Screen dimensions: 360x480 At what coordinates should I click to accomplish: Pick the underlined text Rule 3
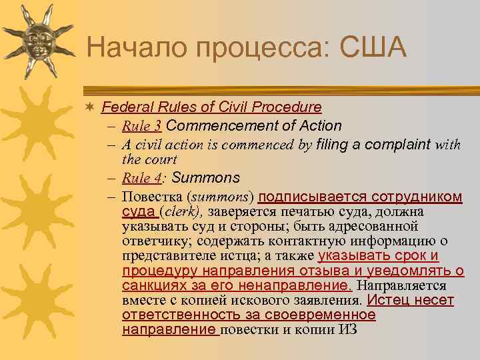pyautogui.click(x=143, y=126)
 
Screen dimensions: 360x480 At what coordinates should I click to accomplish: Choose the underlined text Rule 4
pyautogui.click(x=143, y=178)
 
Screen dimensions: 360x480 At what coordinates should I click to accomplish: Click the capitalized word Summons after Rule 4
pyautogui.click(x=206, y=178)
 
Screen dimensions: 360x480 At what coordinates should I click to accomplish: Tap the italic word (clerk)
pyautogui.click(x=182, y=212)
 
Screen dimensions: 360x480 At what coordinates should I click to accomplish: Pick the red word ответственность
pyautogui.click(x=175, y=315)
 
